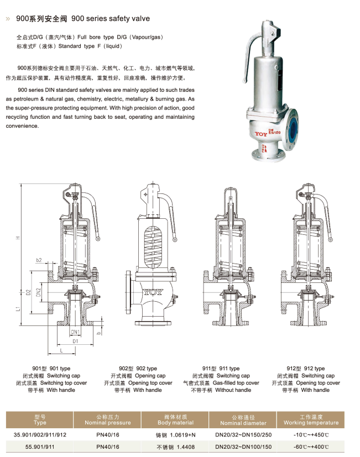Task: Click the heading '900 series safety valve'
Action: [x=111, y=19]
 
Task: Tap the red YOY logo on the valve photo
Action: [x=261, y=134]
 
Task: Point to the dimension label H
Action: [x=18, y=238]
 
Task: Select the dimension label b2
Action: [x=39, y=260]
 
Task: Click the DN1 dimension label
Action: [x=75, y=332]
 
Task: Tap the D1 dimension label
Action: [x=75, y=341]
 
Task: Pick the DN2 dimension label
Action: [x=38, y=292]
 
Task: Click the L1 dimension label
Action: [x=18, y=308]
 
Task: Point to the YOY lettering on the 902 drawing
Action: [x=153, y=292]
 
